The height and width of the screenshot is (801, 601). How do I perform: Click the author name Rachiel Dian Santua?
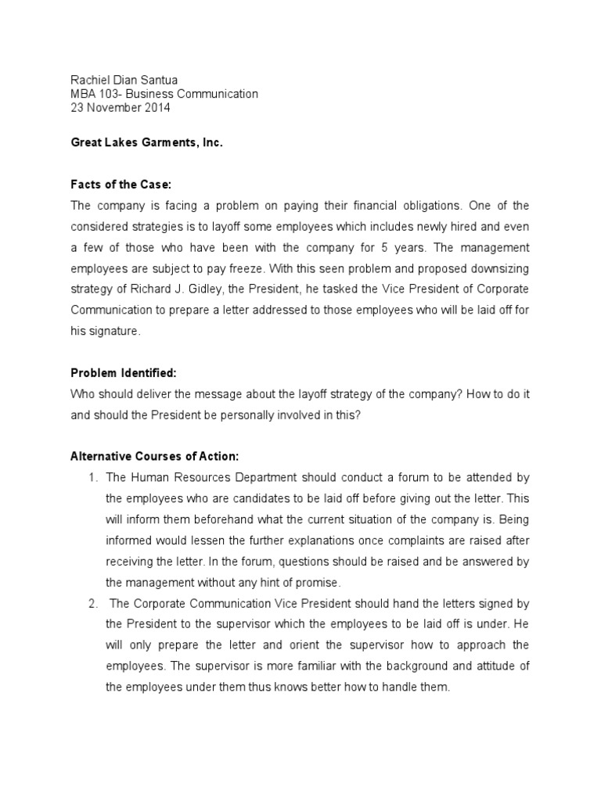[x=124, y=79]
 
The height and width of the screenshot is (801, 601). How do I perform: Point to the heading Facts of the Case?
[x=121, y=185]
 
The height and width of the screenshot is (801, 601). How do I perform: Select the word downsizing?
[x=501, y=268]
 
